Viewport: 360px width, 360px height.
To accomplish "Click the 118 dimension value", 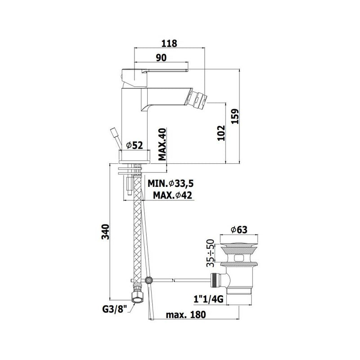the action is point(169,43).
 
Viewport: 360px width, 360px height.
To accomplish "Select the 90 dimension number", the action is point(161,58).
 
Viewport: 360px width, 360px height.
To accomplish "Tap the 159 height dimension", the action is point(235,116).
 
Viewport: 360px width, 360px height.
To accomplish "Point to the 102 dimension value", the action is point(221,133).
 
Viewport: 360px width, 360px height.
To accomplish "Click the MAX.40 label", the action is point(162,144).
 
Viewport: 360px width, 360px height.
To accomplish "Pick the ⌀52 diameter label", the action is point(135,145).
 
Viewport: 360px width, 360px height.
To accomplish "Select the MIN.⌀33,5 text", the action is point(171,183).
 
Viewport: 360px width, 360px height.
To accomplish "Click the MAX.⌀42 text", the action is point(173,195).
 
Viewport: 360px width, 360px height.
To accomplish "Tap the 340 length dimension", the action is point(105,232).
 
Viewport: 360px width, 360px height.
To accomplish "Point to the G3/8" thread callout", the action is point(115,309).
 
